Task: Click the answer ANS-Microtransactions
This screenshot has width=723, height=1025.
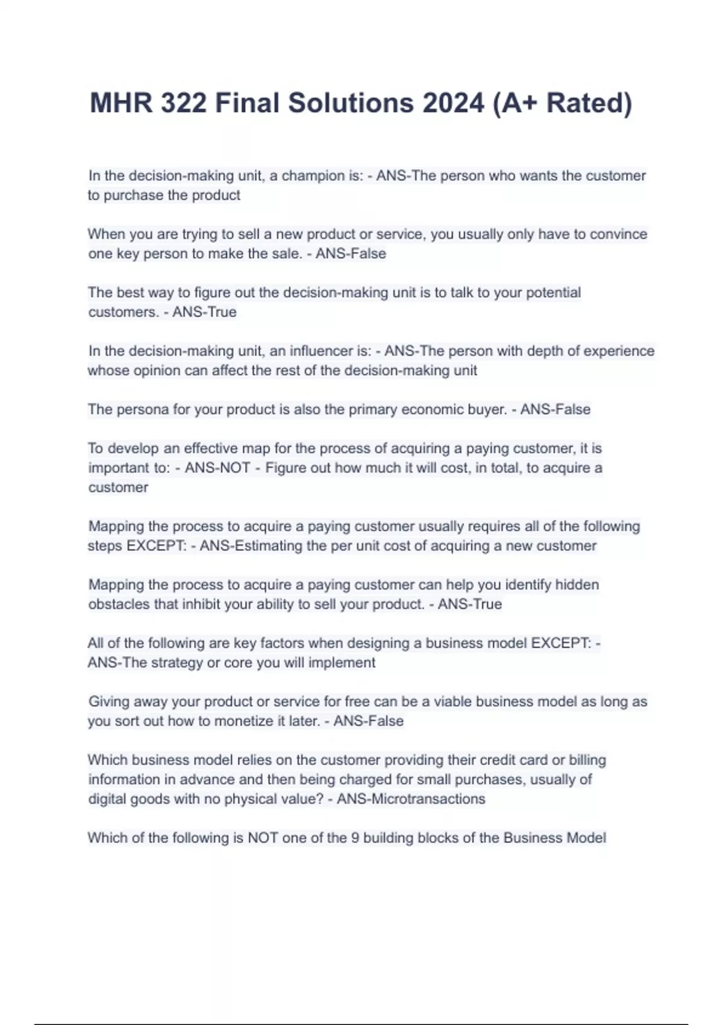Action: pyautogui.click(x=411, y=799)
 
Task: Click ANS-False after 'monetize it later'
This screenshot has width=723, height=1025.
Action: pyautogui.click(x=368, y=721)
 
